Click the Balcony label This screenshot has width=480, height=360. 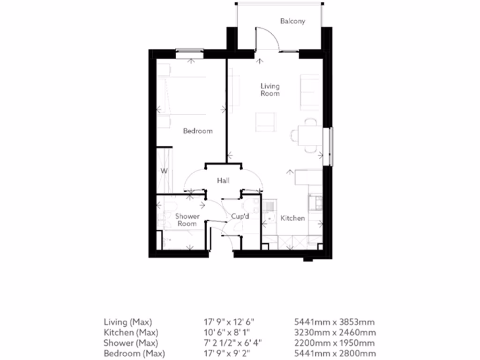292,21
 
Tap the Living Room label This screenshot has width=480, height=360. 270,90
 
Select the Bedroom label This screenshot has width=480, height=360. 197,131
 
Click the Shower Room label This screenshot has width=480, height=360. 187,220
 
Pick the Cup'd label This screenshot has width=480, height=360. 240,217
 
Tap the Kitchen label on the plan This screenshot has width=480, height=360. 292,218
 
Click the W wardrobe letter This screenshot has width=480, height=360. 164,171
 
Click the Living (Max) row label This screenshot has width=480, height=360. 127,322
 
